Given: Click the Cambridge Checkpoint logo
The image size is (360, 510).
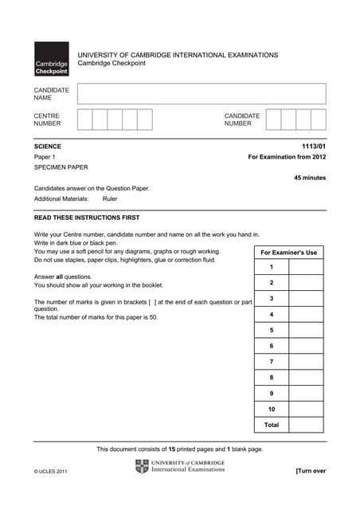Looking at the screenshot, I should (x=51, y=59).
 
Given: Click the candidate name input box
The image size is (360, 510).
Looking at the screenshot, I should (x=202, y=94).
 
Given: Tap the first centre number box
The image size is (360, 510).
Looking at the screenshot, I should (x=85, y=120).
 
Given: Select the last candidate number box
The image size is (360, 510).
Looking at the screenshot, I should (x=318, y=120).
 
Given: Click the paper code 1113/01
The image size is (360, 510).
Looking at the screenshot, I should (x=314, y=147).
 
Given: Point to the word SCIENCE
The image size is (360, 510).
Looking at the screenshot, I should (x=48, y=147).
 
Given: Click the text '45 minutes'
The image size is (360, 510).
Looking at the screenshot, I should (x=310, y=178).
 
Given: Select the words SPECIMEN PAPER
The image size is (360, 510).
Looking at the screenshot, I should (x=61, y=167).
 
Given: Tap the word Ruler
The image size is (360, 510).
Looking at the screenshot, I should (x=110, y=199).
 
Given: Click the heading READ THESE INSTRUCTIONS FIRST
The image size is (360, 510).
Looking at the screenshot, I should (x=87, y=218).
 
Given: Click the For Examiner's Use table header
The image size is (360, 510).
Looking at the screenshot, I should (x=288, y=253).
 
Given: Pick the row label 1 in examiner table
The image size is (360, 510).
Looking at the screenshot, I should (x=272, y=267).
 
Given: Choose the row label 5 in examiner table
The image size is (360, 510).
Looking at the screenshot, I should (x=272, y=330).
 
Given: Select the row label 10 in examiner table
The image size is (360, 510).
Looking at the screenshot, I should (x=272, y=409).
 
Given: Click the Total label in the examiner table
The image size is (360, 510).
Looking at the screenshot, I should (x=272, y=425).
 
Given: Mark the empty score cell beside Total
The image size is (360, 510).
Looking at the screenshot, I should (x=306, y=425).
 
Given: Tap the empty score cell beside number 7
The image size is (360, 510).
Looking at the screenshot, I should (x=306, y=362).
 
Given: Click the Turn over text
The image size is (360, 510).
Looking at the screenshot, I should (x=311, y=471).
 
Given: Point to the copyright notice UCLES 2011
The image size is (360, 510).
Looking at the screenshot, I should (x=51, y=472).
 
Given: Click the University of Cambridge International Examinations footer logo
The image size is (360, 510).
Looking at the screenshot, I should (x=181, y=466).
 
